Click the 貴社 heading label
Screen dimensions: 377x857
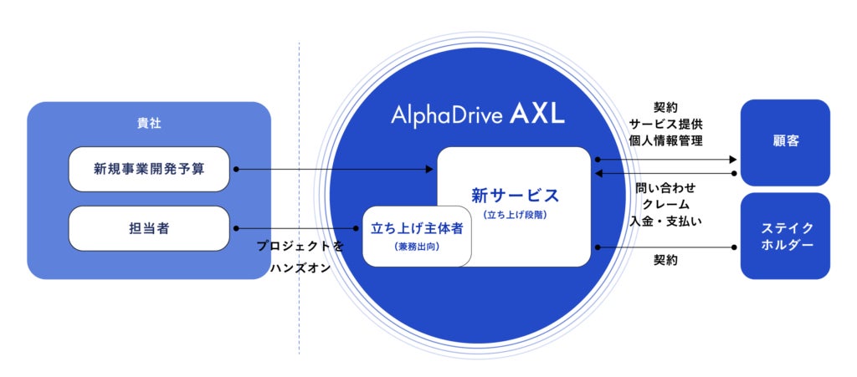click(x=149, y=123)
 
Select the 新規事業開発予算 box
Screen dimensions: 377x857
click(x=149, y=169)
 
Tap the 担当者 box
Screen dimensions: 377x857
click(x=149, y=227)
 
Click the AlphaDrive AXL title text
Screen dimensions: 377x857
click(x=477, y=115)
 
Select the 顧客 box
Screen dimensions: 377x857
click(x=785, y=141)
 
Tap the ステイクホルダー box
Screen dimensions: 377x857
click(x=785, y=236)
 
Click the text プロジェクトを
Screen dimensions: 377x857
click(x=300, y=247)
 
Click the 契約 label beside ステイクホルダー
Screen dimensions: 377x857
click(x=665, y=261)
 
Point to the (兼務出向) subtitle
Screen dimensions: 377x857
click(x=417, y=247)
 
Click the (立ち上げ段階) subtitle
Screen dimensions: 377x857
click(x=514, y=215)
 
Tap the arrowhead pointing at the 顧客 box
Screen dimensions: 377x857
click(x=732, y=158)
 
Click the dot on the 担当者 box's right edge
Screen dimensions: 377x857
click(x=237, y=227)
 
